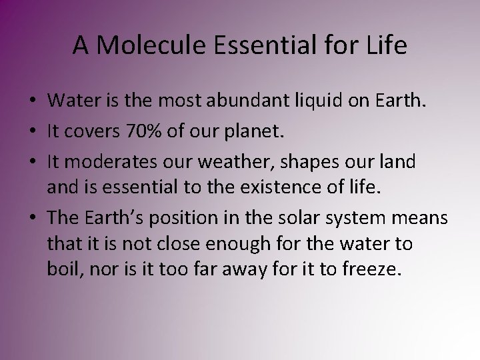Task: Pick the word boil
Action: [x=64, y=271]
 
